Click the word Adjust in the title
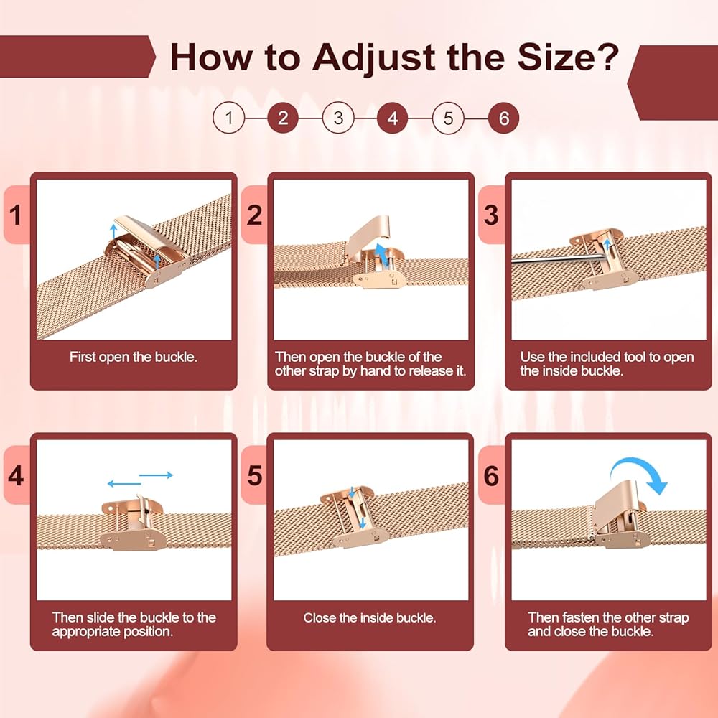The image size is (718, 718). pyautogui.click(x=373, y=58)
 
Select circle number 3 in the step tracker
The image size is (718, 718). pyautogui.click(x=338, y=118)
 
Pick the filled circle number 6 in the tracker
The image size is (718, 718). pyautogui.click(x=504, y=118)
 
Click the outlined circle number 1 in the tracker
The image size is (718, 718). pyautogui.click(x=228, y=118)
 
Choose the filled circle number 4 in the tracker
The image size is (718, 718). pyautogui.click(x=393, y=118)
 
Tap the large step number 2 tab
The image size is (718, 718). pyautogui.click(x=254, y=215)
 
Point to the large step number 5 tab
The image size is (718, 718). pyautogui.click(x=254, y=475)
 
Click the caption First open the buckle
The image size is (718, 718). pyautogui.click(x=134, y=357)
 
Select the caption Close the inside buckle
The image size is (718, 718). pyautogui.click(x=370, y=617)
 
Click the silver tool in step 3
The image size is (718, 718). pyautogui.click(x=559, y=259)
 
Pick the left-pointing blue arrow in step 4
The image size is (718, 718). pyautogui.click(x=124, y=483)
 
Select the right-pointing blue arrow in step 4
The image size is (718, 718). pyautogui.click(x=156, y=475)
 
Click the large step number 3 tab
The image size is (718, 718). pyautogui.click(x=491, y=215)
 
